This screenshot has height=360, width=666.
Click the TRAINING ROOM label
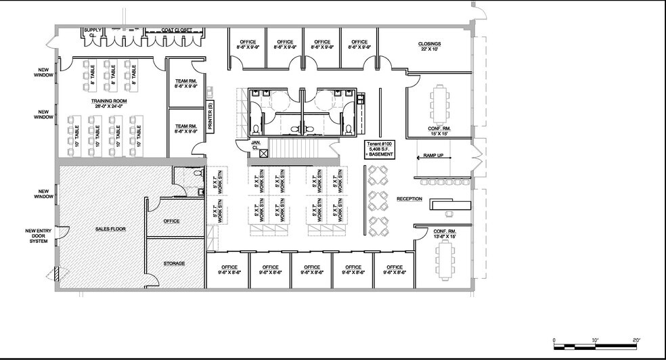pyautogui.click(x=109, y=103)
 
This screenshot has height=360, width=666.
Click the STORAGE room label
pyautogui.click(x=174, y=263)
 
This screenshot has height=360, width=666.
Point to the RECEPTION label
pyautogui.click(x=409, y=199)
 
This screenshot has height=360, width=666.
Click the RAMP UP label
pyautogui.click(x=433, y=156)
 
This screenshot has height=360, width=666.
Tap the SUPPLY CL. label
pyautogui.click(x=91, y=32)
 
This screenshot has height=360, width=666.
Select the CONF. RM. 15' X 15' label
pyautogui.click(x=439, y=131)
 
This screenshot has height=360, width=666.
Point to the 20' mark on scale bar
pyautogui.click(x=637, y=339)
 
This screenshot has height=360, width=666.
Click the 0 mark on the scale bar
pyautogui.click(x=554, y=339)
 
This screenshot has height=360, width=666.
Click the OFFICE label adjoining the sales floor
pyautogui.click(x=172, y=221)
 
